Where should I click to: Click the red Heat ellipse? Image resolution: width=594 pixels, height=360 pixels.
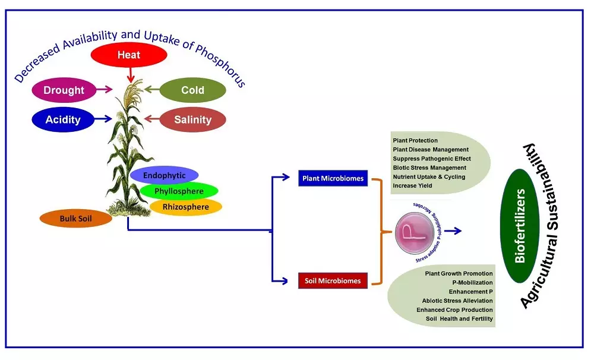(x=128, y=55)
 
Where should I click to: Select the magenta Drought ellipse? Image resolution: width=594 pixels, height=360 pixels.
(x=64, y=90)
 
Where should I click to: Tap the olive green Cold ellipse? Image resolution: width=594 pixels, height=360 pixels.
(x=193, y=90)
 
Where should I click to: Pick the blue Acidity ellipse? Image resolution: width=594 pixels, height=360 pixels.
(x=63, y=119)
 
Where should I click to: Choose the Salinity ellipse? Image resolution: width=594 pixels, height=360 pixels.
(x=192, y=119)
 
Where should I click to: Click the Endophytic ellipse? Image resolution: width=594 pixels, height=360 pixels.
(x=164, y=175)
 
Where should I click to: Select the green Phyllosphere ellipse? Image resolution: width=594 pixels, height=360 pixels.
(x=179, y=191)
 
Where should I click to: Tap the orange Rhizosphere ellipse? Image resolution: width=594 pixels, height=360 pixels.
(x=185, y=207)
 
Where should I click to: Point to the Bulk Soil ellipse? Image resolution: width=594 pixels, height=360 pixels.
(x=76, y=218)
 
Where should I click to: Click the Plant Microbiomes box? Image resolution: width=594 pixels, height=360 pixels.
(x=333, y=178)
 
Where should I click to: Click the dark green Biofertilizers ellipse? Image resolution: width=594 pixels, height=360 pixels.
(x=520, y=226)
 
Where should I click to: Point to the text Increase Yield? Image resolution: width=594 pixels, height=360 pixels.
(x=412, y=186)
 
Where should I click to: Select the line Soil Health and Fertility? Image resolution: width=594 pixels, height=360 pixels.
(x=459, y=318)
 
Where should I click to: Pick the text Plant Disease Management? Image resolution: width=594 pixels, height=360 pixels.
(x=431, y=150)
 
